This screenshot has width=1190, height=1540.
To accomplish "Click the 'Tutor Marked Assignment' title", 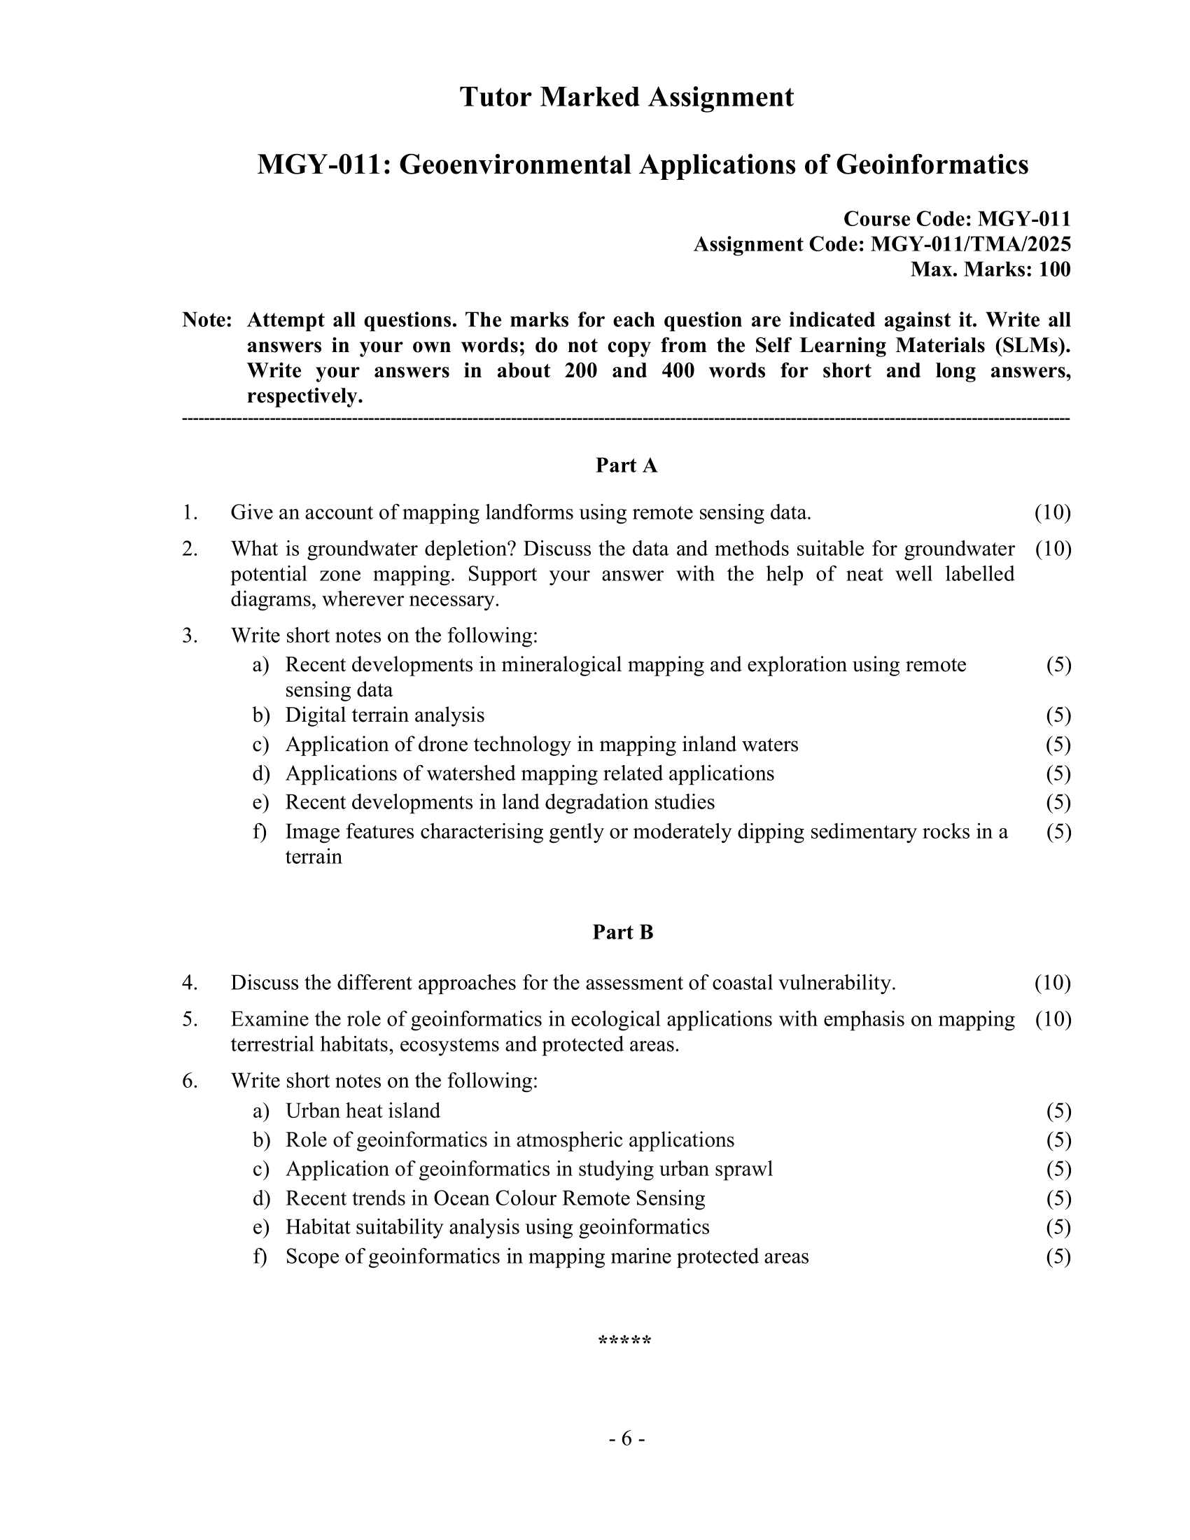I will pos(626,97).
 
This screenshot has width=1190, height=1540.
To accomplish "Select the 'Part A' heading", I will pos(626,465).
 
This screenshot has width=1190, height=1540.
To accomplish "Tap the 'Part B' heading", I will pos(622,932).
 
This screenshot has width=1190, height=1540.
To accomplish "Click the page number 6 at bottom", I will pos(626,1438).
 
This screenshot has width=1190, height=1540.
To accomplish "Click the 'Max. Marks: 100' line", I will pos(990,269).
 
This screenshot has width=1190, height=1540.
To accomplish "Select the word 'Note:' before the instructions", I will pos(207,320).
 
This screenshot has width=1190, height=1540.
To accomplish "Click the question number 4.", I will pos(189,983).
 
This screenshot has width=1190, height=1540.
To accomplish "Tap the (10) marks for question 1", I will pos(1053,512).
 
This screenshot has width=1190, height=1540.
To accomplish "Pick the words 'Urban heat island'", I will pos(363,1112).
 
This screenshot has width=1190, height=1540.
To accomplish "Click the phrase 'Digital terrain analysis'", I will pos(385,715).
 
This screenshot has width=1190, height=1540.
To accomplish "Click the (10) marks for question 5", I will pos(1053,1020).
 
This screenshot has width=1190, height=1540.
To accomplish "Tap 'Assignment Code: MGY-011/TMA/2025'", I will pos(882,244).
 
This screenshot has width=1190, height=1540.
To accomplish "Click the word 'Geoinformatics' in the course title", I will pos(932,165).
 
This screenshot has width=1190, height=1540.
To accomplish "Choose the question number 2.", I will pos(189,549).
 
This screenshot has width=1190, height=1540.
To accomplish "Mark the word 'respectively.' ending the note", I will pos(304,396).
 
